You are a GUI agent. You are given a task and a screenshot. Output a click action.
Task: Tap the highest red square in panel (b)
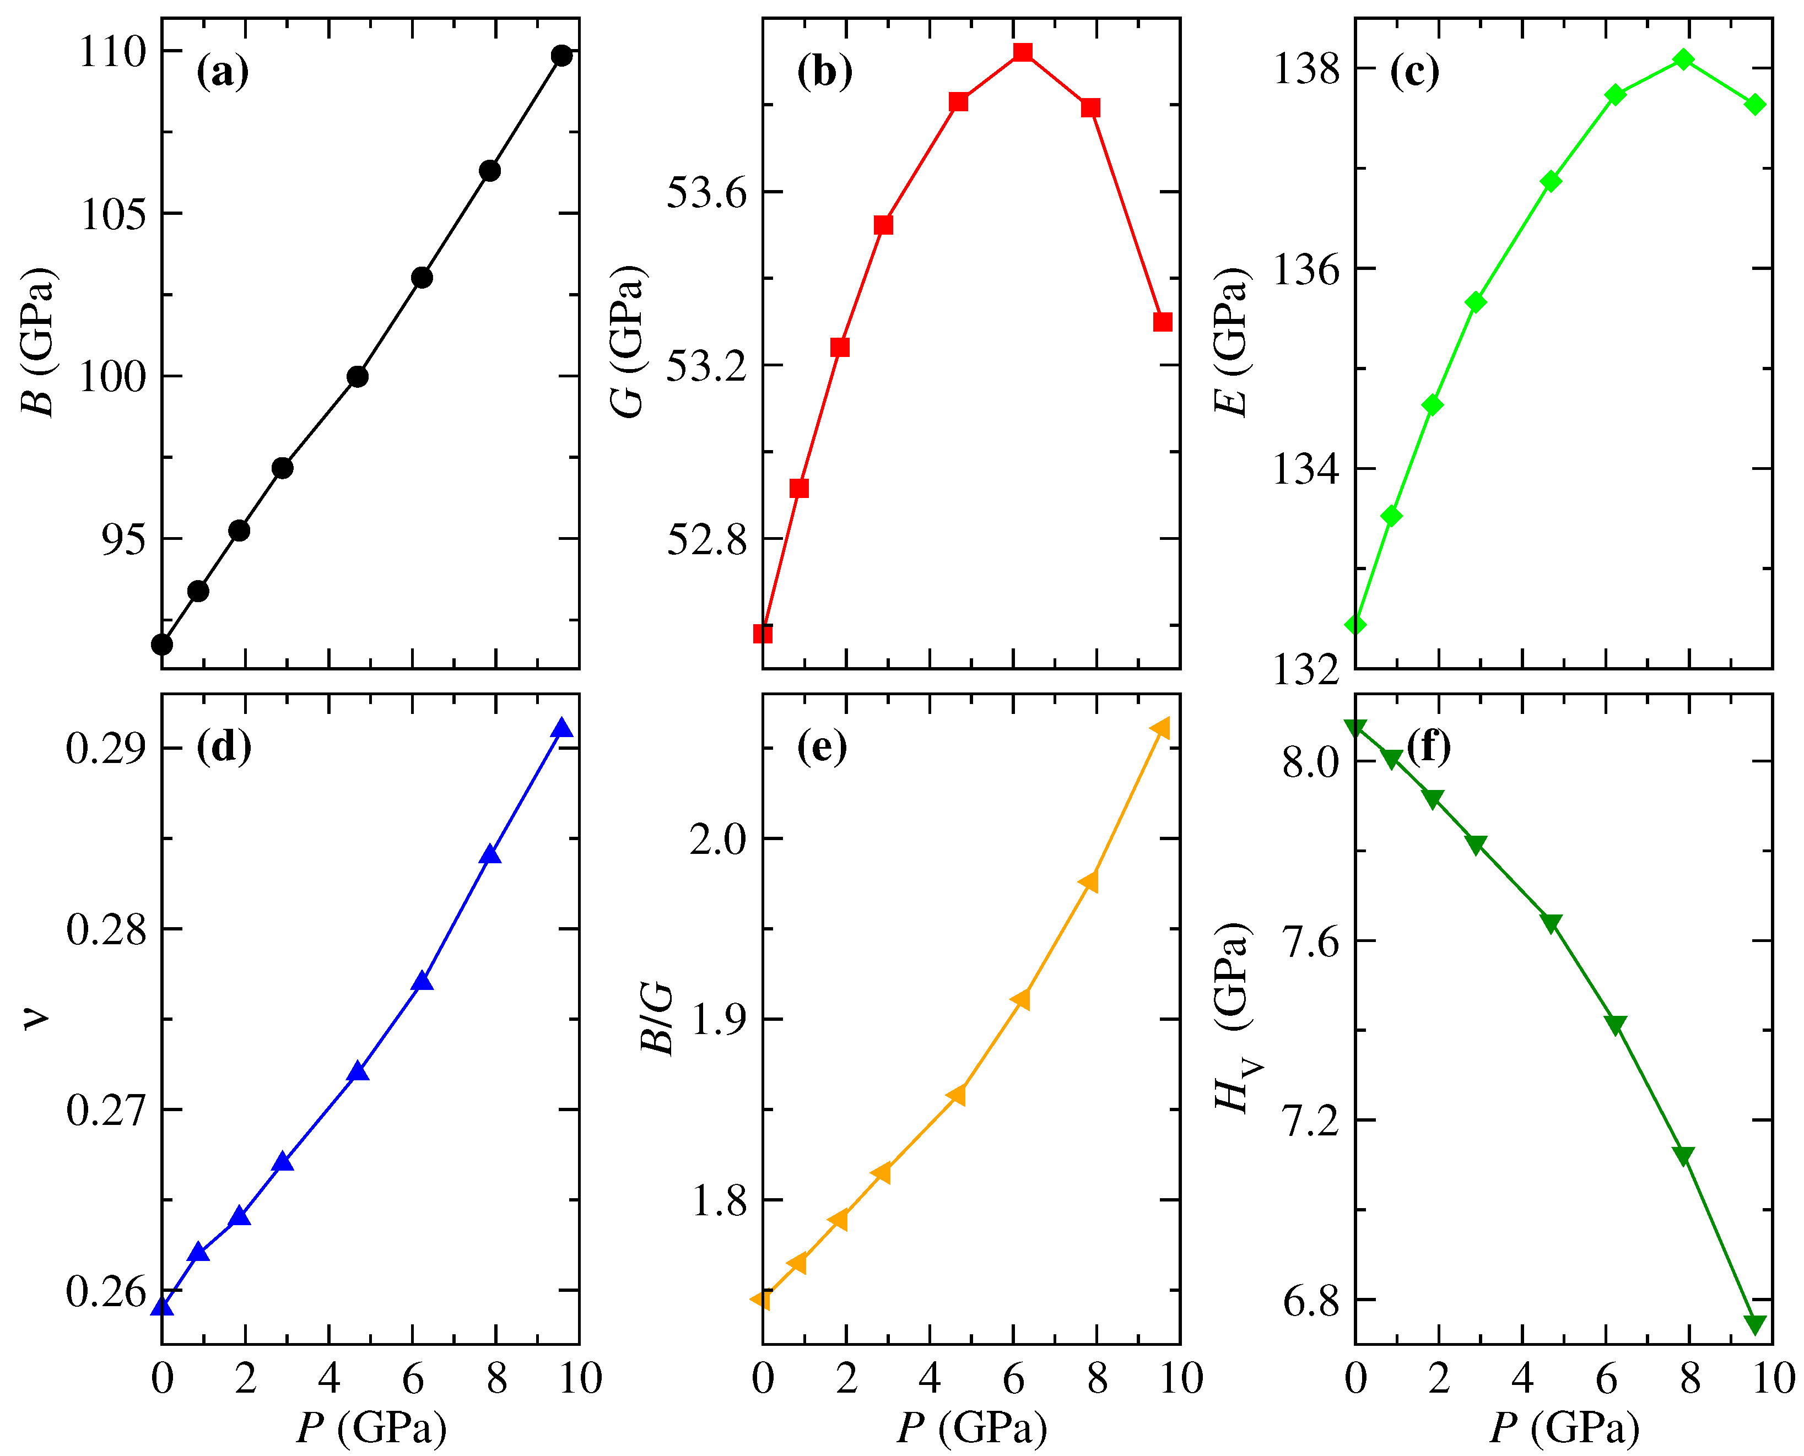tap(1022, 52)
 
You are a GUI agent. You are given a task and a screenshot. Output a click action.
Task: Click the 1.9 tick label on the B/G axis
tap(718, 1020)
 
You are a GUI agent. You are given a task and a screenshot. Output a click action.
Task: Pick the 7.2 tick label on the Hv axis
tap(1311, 1121)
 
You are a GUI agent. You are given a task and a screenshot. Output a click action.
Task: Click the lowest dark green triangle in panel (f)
tap(1754, 1323)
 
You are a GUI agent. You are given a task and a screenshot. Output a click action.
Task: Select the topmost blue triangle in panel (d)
tap(562, 728)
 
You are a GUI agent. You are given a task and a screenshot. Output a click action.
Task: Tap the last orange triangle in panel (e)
tap(1161, 728)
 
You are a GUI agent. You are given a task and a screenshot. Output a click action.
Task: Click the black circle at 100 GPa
tap(357, 377)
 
